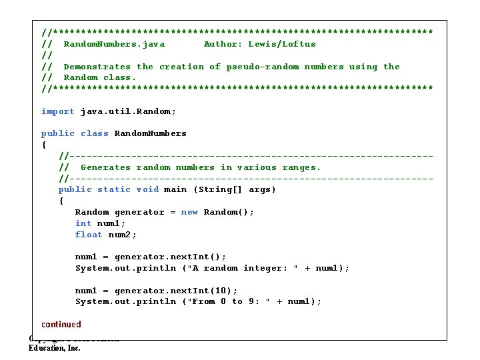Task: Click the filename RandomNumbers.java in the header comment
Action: (114, 44)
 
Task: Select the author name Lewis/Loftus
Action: (282, 44)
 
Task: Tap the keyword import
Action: (58, 111)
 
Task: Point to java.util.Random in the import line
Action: (126, 111)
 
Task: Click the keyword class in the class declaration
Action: (95, 133)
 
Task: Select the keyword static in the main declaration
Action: (114, 189)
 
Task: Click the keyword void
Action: (147, 189)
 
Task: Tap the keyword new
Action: (189, 212)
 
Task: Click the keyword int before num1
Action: (83, 223)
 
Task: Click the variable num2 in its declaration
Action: (122, 235)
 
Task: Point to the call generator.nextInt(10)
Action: (175, 291)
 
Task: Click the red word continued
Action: (61, 325)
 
